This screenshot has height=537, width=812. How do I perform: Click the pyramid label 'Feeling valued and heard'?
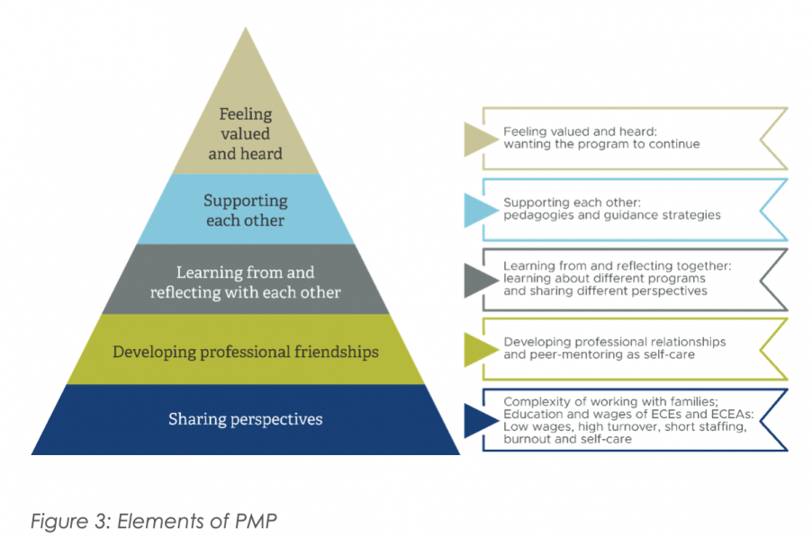point(245,134)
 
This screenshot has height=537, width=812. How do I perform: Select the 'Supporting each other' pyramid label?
point(245,210)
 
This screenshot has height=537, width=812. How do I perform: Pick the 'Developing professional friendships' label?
point(246,351)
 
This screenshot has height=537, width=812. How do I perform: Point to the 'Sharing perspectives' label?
point(245,419)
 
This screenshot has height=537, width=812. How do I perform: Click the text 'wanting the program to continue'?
point(601,144)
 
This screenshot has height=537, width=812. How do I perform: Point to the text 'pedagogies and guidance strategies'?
point(611,216)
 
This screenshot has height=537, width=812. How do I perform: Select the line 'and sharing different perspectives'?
point(605,291)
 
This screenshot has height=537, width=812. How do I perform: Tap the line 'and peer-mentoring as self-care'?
point(600,354)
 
